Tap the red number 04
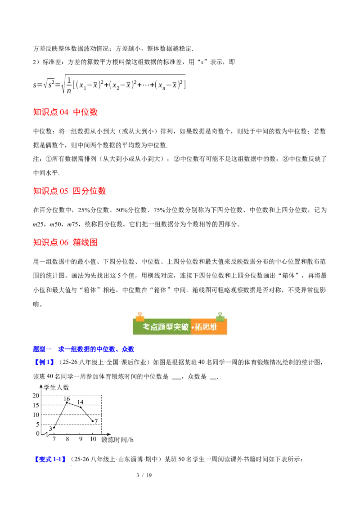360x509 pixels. (x=64, y=112)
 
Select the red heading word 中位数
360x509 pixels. (x=85, y=112)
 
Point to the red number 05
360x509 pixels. (x=64, y=191)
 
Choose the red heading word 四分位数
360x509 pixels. (x=90, y=191)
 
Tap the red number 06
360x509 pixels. (x=64, y=243)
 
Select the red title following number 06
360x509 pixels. (x=85, y=243)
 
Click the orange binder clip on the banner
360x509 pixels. (x=140, y=317)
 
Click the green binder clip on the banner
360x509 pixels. (x=220, y=317)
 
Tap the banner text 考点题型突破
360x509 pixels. (x=166, y=327)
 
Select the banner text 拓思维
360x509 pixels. (x=207, y=327)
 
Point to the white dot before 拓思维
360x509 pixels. (x=193, y=328)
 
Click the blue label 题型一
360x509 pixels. (x=43, y=349)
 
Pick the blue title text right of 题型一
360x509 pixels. (x=96, y=349)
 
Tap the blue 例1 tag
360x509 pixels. (x=44, y=362)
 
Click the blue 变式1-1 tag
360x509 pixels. (x=50, y=459)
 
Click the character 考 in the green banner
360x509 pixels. (x=147, y=327)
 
